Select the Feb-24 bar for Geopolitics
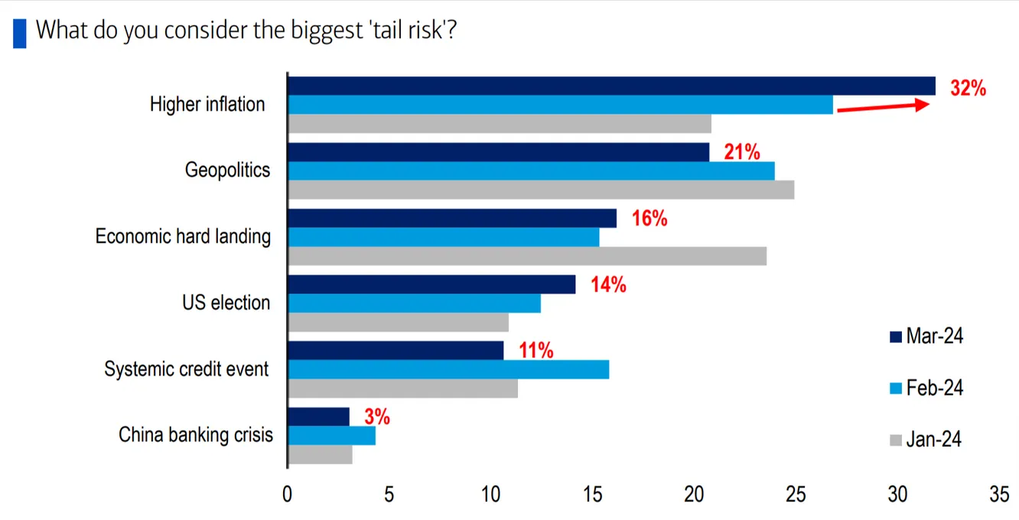[531, 171]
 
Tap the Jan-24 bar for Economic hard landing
[527, 256]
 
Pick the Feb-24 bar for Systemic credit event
[448, 369]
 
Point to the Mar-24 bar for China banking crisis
[318, 417]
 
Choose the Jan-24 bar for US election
[398, 323]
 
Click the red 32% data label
[968, 89]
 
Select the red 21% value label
[741, 153]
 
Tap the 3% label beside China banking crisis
[376, 418]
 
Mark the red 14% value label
[608, 286]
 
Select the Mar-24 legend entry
[926, 336]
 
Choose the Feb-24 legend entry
[926, 388]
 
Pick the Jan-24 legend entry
[926, 440]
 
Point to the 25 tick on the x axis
[796, 495]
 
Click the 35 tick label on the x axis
[998, 495]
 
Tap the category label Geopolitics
[227, 170]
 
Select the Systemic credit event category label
[187, 370]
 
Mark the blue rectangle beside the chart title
[19, 33]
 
